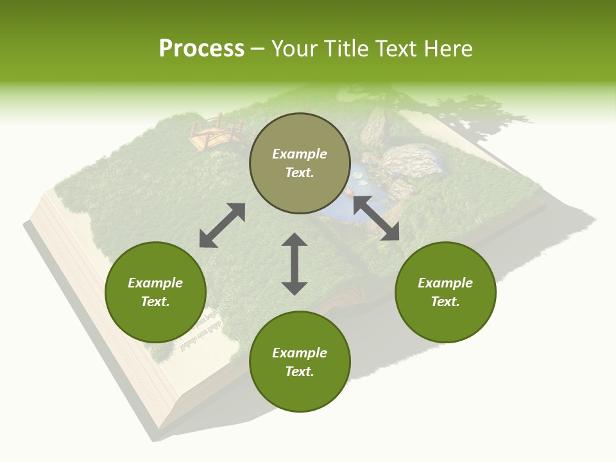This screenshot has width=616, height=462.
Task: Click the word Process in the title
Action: [x=201, y=49]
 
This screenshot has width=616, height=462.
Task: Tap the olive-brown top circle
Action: [x=300, y=164]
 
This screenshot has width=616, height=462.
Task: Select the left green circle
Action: [x=155, y=292]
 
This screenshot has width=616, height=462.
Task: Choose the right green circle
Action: [x=445, y=292]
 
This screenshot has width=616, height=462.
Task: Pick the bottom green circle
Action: [x=300, y=362]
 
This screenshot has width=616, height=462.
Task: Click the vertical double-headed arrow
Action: [x=295, y=264]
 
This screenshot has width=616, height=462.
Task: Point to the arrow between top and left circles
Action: [x=222, y=225]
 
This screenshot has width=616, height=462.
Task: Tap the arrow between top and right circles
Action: [x=376, y=218]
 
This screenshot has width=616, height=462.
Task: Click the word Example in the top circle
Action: [x=300, y=154]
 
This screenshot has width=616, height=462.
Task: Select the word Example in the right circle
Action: [x=445, y=283]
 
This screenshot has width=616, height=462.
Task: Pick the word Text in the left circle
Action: [x=155, y=302]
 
